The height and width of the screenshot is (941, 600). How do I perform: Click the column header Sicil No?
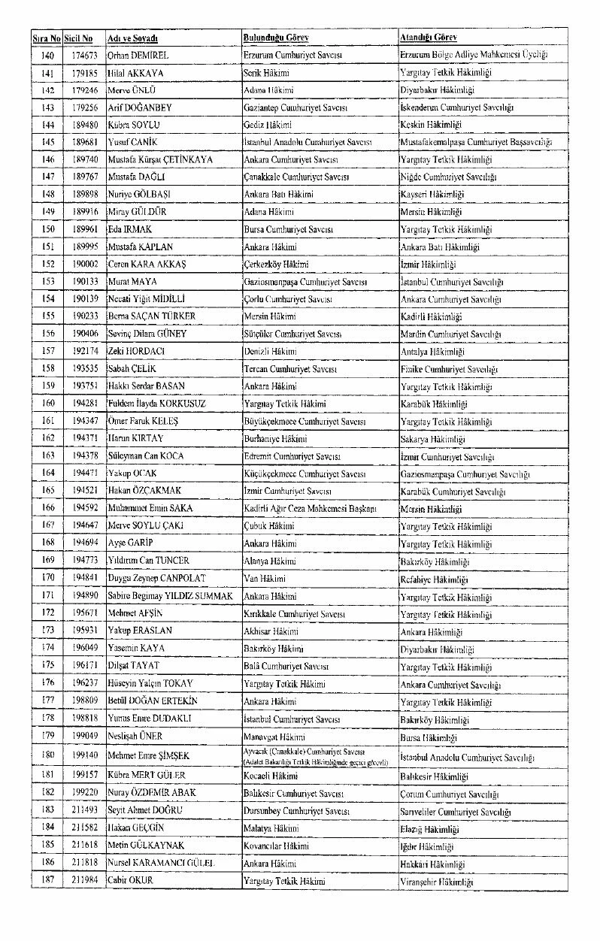point(78,38)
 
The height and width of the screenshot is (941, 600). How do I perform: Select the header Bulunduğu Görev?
point(276,38)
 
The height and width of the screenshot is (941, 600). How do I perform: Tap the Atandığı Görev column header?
point(429,38)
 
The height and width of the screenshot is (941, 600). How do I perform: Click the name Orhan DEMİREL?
point(138,56)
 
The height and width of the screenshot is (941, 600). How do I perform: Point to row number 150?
point(47,229)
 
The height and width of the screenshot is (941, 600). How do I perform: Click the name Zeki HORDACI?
point(136,351)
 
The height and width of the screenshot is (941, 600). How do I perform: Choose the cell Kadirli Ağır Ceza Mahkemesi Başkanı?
point(310,508)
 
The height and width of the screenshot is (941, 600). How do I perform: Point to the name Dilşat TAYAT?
point(133,667)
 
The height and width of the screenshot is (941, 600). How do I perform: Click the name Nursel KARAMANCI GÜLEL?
point(161,864)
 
